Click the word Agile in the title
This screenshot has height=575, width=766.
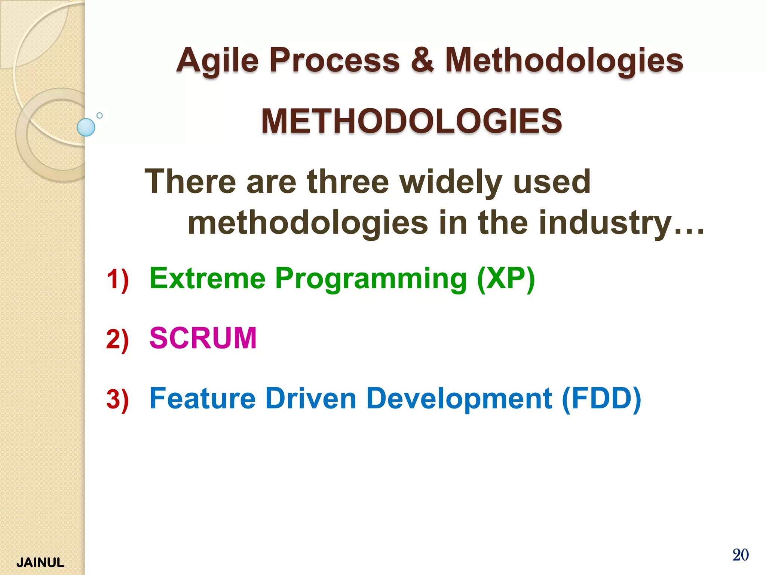(x=217, y=61)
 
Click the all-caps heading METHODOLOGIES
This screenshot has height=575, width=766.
(x=411, y=121)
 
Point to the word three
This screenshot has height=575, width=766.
(x=348, y=182)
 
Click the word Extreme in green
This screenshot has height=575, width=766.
(x=208, y=279)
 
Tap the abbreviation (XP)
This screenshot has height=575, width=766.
(x=506, y=279)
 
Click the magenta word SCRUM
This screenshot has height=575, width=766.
(x=203, y=338)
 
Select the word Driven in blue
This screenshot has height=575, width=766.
(x=310, y=398)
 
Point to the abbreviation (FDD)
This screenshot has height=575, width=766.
(x=601, y=399)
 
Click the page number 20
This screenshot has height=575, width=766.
(x=740, y=555)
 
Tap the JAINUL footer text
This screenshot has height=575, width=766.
(x=40, y=563)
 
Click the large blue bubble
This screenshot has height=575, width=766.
(x=86, y=127)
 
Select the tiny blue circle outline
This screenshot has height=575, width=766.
(x=99, y=115)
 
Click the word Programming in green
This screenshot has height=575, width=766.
(x=371, y=279)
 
